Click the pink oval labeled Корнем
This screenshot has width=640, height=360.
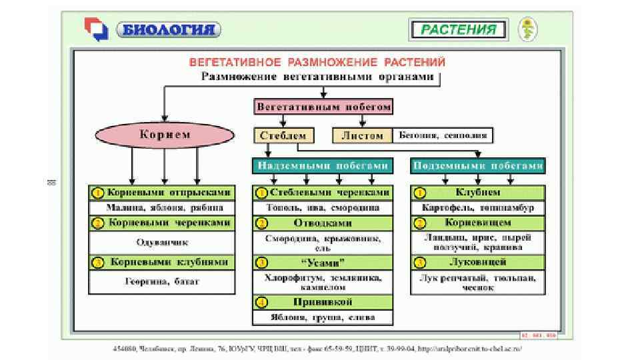tap(165, 135)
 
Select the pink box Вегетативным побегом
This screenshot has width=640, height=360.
tap(323, 107)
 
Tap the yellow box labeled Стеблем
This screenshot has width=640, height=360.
tap(283, 135)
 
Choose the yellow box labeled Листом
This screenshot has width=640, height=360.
tap(362, 135)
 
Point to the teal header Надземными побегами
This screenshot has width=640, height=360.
tap(323, 165)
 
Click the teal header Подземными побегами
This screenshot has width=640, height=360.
tap(478, 165)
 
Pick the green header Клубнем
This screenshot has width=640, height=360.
tap(478, 193)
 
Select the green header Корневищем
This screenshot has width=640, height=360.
tap(478, 222)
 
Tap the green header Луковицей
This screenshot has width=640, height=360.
tap(478, 262)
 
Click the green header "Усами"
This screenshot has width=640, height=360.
tap(323, 262)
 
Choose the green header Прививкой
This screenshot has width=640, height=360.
tap(323, 302)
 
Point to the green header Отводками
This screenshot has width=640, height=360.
tap(323, 223)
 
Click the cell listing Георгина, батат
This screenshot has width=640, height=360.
tap(162, 281)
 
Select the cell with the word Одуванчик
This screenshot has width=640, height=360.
tap(162, 242)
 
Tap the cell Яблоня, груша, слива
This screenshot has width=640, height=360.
tap(323, 317)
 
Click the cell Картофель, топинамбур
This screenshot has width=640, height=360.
tap(478, 207)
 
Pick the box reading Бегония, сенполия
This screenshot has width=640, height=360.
tap(443, 135)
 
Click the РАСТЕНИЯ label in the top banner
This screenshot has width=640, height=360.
tap(457, 29)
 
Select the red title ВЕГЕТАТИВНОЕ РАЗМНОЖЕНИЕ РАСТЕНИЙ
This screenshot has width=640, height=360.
tap(317, 62)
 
